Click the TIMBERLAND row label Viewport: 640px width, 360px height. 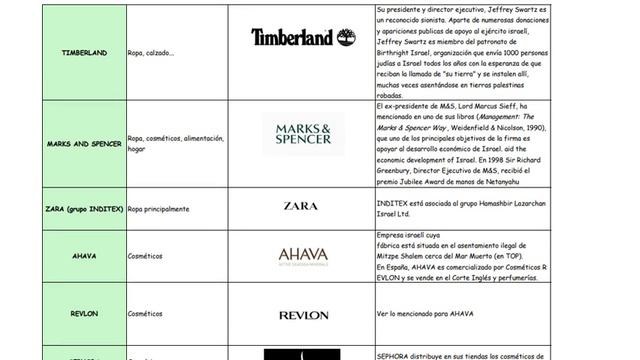click(84, 53)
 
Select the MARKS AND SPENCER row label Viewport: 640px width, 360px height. click(84, 144)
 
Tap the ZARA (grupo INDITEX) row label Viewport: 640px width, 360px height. click(84, 208)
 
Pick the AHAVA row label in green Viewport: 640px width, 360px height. click(84, 255)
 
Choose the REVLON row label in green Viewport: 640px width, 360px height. click(84, 313)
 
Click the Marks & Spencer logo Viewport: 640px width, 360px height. click(303, 133)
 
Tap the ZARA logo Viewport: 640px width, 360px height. click(302, 207)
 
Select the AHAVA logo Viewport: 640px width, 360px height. click(303, 256)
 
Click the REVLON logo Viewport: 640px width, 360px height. click(303, 315)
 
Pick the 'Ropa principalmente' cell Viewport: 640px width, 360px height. click(159, 208)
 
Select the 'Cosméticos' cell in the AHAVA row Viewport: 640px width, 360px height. click(145, 255)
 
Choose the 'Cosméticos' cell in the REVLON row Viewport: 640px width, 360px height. click(145, 313)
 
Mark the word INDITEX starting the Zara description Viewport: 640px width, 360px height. click(391, 203)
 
